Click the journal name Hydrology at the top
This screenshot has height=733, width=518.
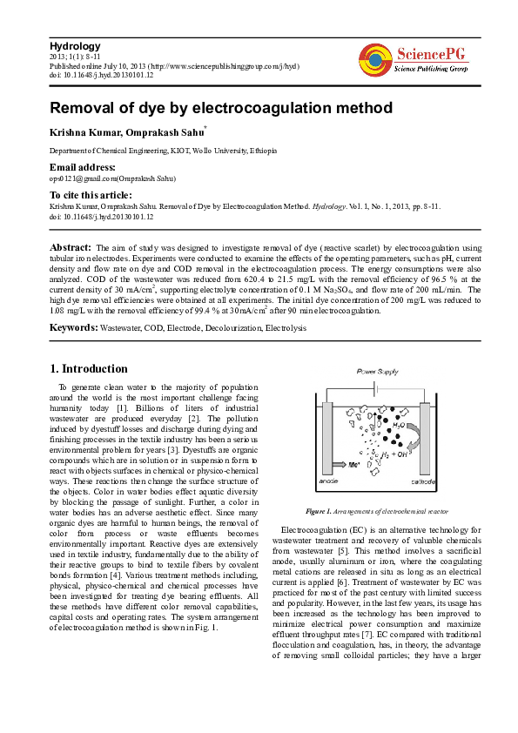[x=75, y=46]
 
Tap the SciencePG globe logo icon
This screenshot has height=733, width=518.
[x=373, y=60]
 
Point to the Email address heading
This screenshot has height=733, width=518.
[x=83, y=166]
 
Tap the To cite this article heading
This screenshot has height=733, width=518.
[x=91, y=195]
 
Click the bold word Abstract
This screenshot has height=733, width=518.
[x=71, y=248]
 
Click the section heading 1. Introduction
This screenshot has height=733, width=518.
[x=91, y=369]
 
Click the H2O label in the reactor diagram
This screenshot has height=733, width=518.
[x=397, y=426]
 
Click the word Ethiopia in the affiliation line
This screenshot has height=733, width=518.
[x=262, y=151]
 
